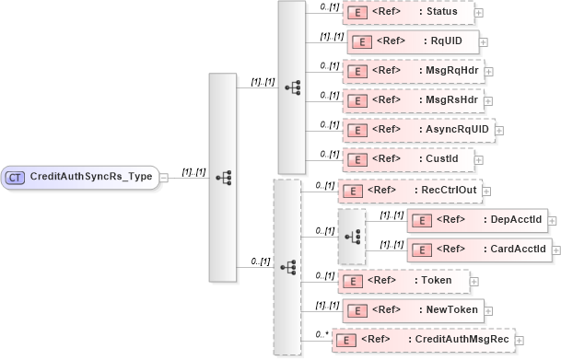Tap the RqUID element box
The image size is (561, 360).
click(411, 42)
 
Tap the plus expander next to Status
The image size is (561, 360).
click(479, 13)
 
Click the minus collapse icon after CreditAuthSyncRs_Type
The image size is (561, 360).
click(163, 176)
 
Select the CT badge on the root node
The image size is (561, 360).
click(16, 176)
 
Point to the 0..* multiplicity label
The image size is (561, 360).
click(320, 333)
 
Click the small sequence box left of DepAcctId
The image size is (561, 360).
click(351, 236)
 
